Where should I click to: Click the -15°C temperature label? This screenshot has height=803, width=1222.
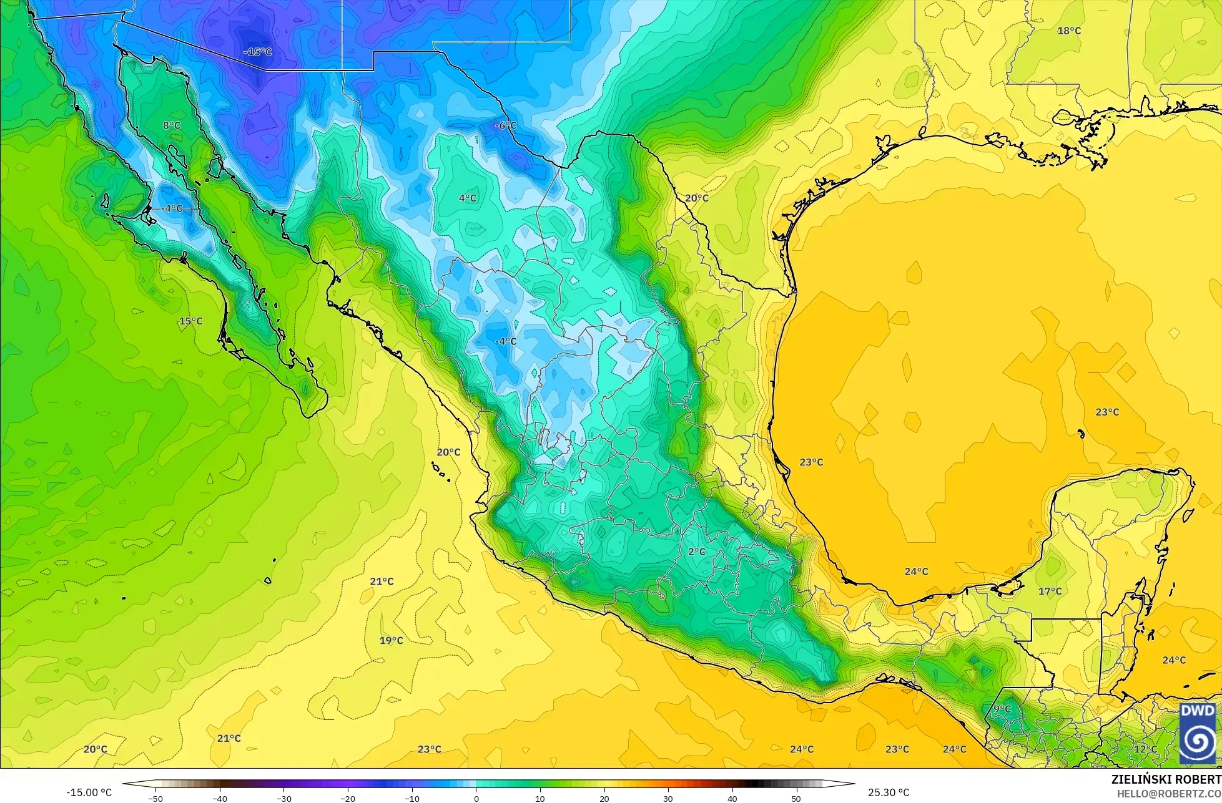(x=257, y=52)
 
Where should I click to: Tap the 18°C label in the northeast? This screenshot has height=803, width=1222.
(x=1069, y=31)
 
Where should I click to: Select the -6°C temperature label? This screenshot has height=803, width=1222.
(x=505, y=125)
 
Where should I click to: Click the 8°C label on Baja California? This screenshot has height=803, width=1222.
(x=172, y=125)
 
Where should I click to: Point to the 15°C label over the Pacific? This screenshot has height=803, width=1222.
(x=190, y=321)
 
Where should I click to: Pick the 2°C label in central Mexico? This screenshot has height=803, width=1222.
(x=697, y=552)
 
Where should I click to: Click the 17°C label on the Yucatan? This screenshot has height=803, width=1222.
(x=1050, y=591)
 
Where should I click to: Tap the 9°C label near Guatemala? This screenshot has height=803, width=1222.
(x=1002, y=709)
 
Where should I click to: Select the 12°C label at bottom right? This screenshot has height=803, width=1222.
(x=1145, y=749)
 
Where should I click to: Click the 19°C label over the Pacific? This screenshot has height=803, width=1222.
(x=392, y=641)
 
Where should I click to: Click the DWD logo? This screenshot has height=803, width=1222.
(x=1198, y=734)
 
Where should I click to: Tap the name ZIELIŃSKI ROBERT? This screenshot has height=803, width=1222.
(x=1166, y=780)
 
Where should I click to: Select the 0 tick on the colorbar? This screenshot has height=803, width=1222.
(x=476, y=798)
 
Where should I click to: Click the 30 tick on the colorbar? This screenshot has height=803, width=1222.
(x=668, y=798)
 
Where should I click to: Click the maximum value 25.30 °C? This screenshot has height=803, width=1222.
(x=889, y=792)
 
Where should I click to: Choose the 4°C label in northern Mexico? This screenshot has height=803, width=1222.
(x=468, y=198)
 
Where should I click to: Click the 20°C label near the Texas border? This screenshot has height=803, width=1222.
(x=697, y=198)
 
